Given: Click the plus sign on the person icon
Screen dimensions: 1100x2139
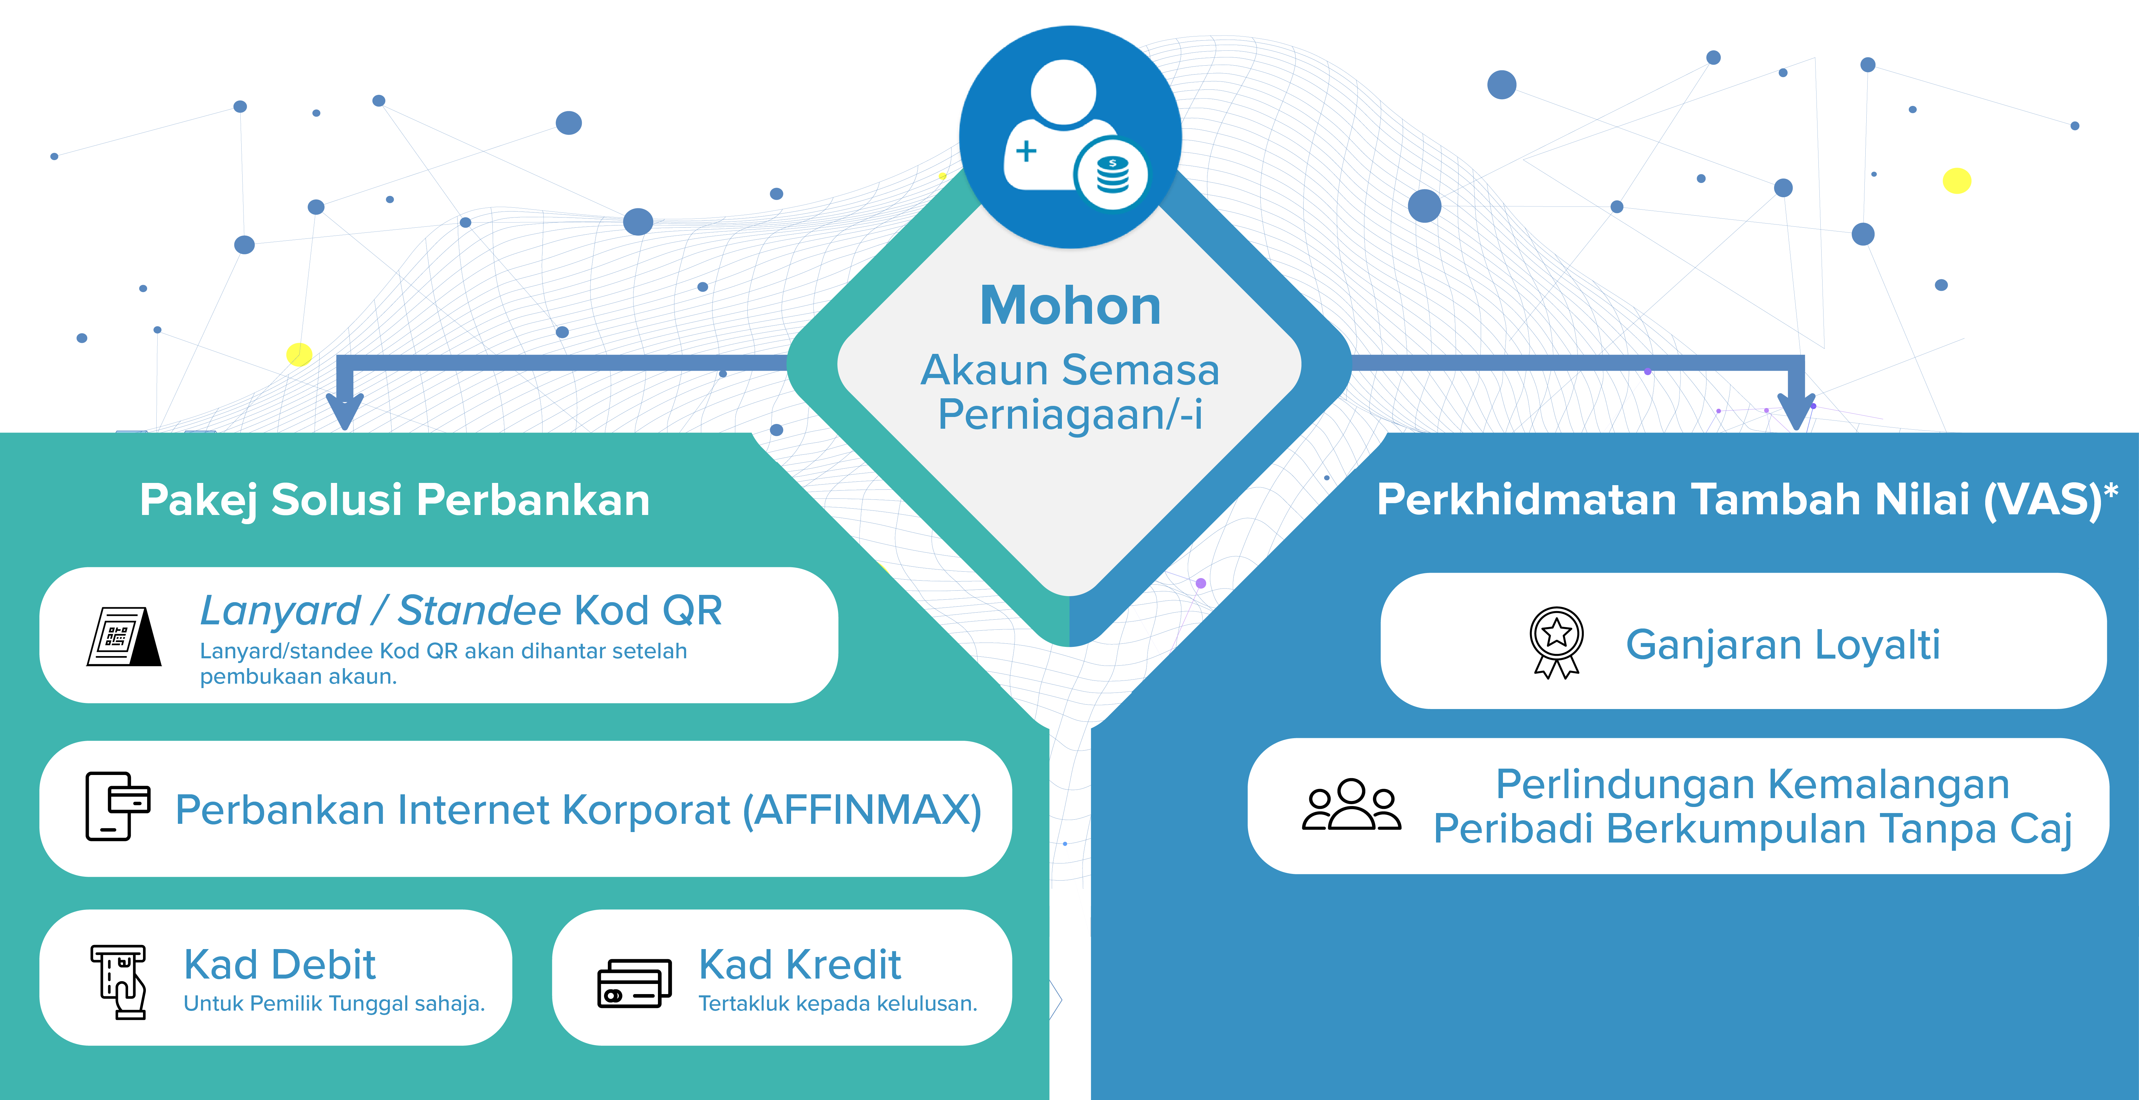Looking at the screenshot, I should click(1026, 151).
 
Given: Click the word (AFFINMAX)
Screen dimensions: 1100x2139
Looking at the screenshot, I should click(862, 810).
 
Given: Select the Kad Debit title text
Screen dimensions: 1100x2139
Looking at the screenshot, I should click(280, 965).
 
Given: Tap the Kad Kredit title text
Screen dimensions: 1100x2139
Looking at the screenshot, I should click(800, 965).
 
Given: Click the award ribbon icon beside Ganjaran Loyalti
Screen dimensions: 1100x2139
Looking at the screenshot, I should click(1556, 642).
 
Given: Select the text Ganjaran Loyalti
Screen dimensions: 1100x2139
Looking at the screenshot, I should click(1783, 645).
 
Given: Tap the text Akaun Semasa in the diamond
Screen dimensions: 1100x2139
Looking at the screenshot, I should click(1069, 370).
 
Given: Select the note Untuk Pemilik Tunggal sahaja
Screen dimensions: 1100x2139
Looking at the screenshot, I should click(334, 1004).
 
